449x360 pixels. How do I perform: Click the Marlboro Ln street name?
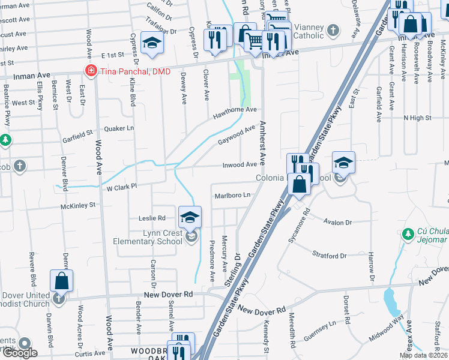click(x=232, y=196)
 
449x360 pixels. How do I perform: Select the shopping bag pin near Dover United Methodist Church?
click(x=61, y=280)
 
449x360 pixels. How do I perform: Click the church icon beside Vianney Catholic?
click(x=333, y=29)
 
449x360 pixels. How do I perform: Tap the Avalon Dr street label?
click(x=337, y=222)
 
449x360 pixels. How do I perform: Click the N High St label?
click(x=417, y=118)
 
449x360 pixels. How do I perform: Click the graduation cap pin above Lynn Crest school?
click(x=190, y=217)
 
